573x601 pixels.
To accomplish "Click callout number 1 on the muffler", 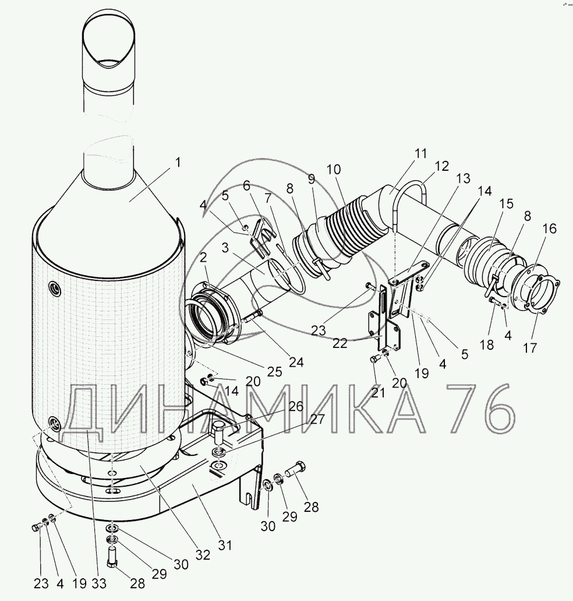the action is (177, 163).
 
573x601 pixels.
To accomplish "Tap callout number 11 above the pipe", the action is (420, 154).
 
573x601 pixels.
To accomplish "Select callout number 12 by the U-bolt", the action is (442, 166).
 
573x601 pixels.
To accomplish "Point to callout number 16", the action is (549, 229).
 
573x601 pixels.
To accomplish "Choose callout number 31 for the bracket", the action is (225, 544).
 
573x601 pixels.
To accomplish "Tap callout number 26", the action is (295, 406).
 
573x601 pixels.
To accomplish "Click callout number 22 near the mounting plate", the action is (339, 343).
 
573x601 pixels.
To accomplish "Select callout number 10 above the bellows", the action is (334, 169).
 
